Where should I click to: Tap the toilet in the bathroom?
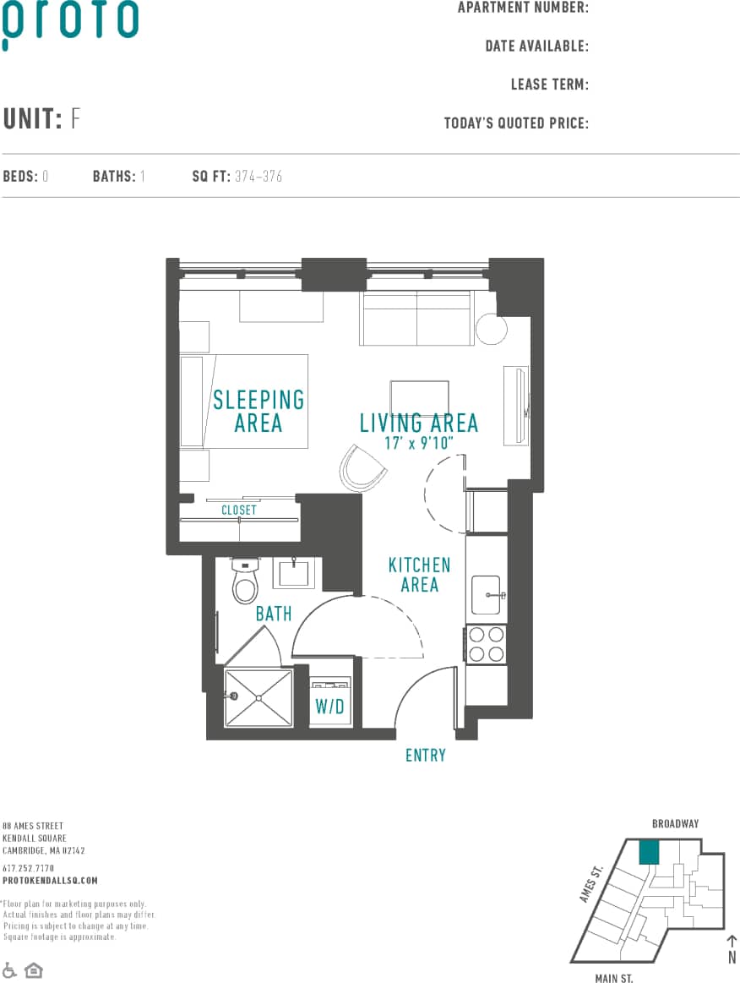245,582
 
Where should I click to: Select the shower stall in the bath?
258,696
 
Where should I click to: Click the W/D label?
330,707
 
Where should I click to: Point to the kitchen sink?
486,594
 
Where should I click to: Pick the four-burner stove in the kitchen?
487,643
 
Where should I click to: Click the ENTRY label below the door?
425,756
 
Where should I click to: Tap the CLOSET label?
239,511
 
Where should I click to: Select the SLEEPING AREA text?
258,411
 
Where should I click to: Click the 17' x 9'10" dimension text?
420,443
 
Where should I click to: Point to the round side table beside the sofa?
491,330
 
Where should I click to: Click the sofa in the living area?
416,319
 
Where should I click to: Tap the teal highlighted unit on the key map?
649,852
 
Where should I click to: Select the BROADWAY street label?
675,823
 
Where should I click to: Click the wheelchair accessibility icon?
9,969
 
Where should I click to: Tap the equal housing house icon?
33,969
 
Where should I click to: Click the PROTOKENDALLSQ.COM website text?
50,881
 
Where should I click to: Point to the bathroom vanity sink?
294,574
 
